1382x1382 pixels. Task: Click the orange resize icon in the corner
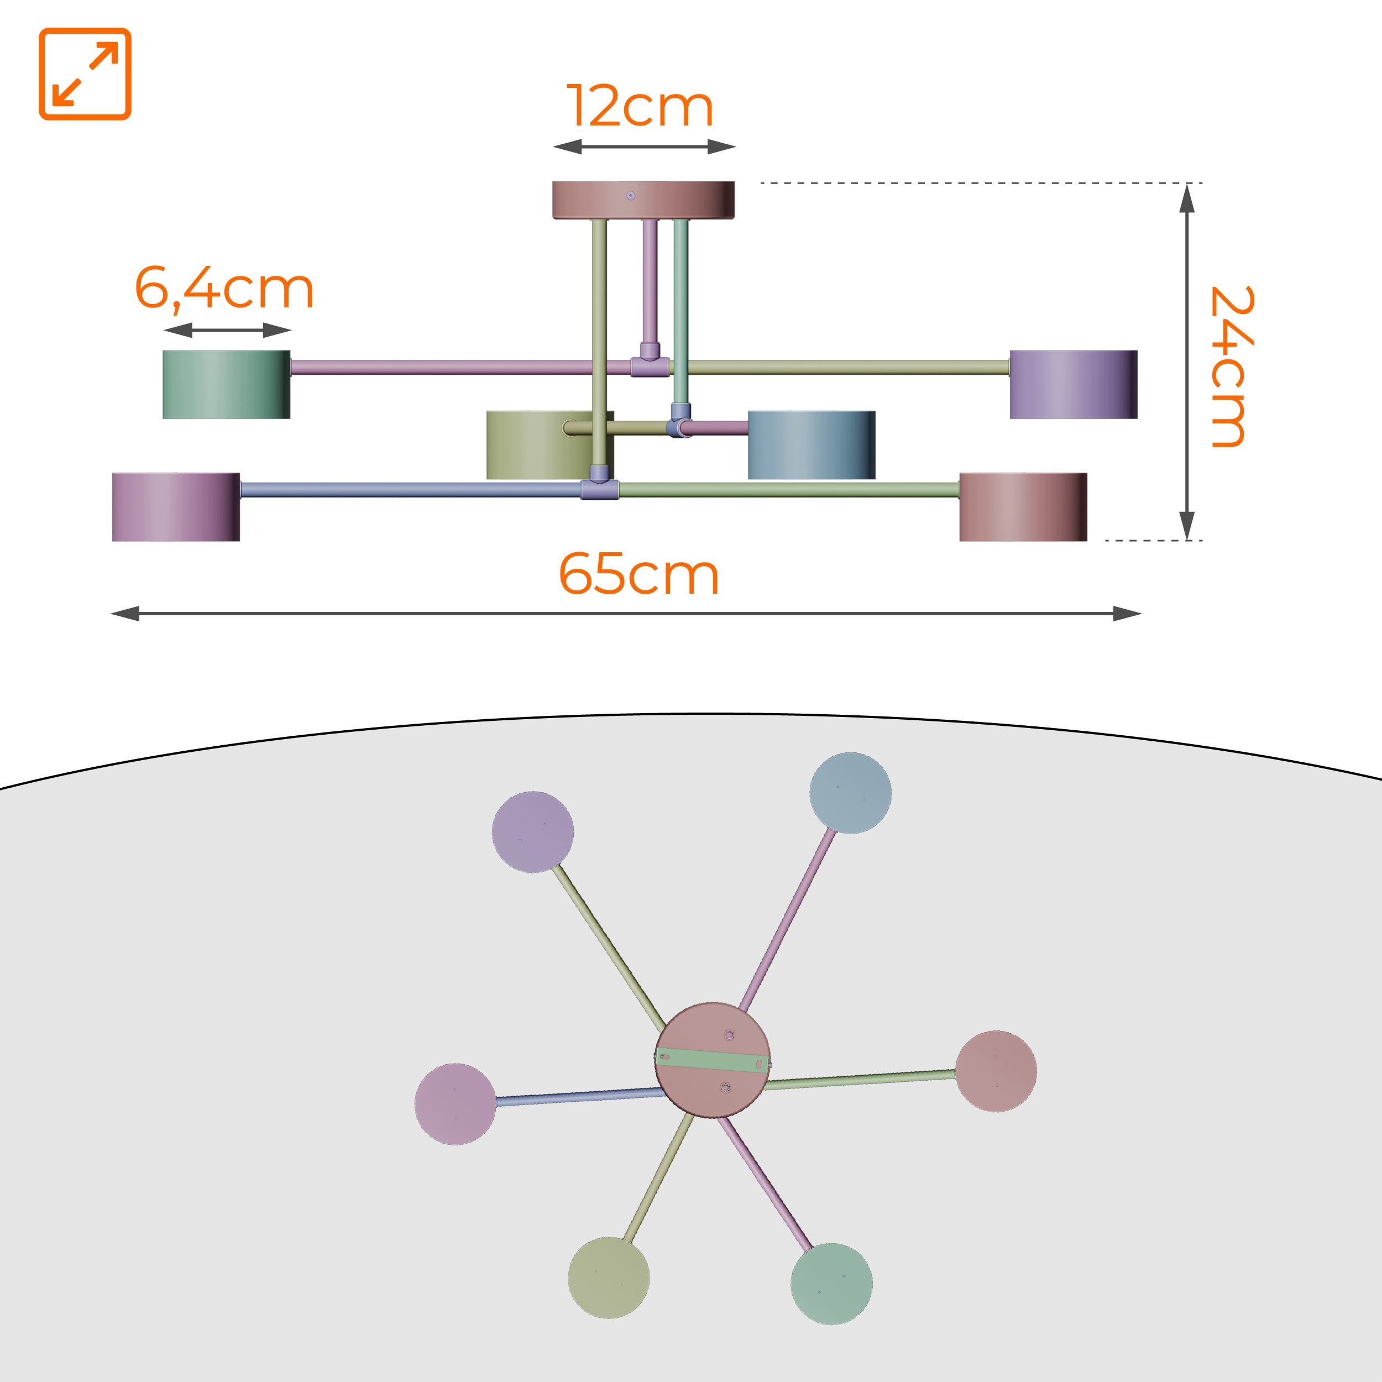point(85,74)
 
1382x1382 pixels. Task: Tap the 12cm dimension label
point(641,107)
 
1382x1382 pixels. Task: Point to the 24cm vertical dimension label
point(1231,367)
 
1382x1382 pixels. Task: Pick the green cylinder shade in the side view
point(226,384)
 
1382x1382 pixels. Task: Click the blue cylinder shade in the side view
point(811,445)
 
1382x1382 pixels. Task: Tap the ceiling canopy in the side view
point(643,200)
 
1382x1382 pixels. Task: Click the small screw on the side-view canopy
point(630,195)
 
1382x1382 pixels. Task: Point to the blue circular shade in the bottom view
point(851,793)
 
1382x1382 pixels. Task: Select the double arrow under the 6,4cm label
point(227,330)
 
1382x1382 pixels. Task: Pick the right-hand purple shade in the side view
point(1074,384)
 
